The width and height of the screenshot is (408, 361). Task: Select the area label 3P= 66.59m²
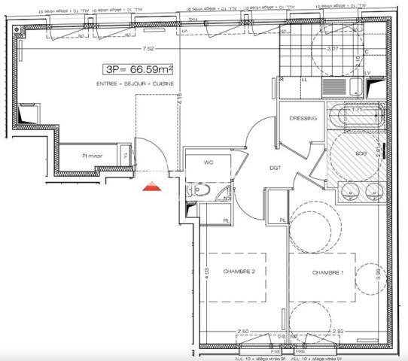pos(139,68)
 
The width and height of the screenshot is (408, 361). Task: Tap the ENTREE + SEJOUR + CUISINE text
pos(136,83)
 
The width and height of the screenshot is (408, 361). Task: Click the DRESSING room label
pos(303,119)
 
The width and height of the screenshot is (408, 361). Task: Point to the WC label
pos(211,162)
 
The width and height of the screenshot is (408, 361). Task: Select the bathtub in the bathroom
pos(358,118)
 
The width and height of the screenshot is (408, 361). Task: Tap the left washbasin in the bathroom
pos(349,193)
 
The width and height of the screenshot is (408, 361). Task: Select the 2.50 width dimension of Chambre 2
pos(242,331)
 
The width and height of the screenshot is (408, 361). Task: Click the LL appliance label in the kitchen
pos(305,79)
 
